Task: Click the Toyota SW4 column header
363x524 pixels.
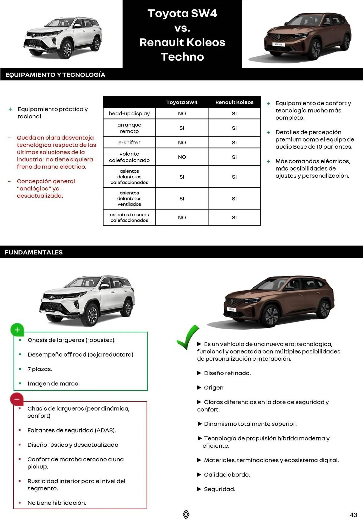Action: pos(182,102)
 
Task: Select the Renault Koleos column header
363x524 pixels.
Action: pos(234,102)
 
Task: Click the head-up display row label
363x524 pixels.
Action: pos(129,113)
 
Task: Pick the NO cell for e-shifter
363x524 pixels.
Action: pos(182,143)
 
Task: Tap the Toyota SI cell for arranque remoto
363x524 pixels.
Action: pos(182,128)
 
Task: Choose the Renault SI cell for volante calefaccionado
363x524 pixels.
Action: pos(234,157)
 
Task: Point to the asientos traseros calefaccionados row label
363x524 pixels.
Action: pos(129,217)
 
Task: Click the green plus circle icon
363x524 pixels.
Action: pos(17,330)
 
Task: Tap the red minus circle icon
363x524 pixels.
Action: pos(17,399)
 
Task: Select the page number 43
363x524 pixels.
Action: pos(353,515)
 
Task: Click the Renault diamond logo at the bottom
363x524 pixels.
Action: pos(186,514)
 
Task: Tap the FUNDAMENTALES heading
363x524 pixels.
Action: pos(34,252)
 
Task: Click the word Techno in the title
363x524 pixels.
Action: pos(182,57)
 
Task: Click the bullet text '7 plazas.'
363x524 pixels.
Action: pos(40,369)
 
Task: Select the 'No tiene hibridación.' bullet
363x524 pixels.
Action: pos(57,503)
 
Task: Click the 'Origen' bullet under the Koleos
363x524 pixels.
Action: pos(214,387)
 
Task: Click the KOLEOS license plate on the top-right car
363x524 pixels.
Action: pos(278,45)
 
